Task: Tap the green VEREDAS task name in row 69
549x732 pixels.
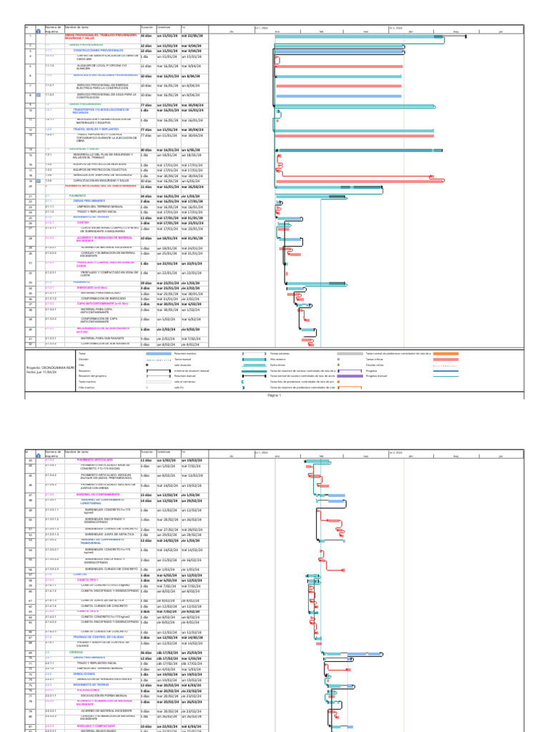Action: pyautogui.click(x=76, y=612)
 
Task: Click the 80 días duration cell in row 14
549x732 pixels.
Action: pyautogui.click(x=146, y=149)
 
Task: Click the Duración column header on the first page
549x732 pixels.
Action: pyautogui.click(x=147, y=26)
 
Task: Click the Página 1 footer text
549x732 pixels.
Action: pyautogui.click(x=274, y=394)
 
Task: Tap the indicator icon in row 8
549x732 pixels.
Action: pyautogui.click(x=36, y=95)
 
